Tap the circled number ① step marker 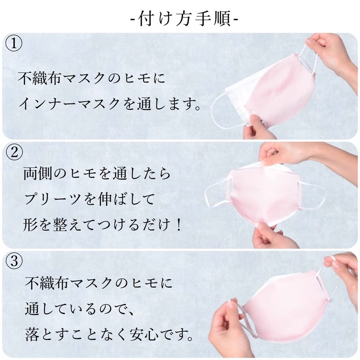pyautogui.click(x=14, y=43)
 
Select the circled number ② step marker pyautogui.click(x=14, y=152)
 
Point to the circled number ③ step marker pyautogui.click(x=14, y=261)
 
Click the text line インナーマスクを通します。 pyautogui.click(x=110, y=104)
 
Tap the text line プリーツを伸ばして pyautogui.click(x=89, y=199)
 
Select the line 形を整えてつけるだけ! pyautogui.click(x=103, y=224)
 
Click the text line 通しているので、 pyautogui.click(x=79, y=309)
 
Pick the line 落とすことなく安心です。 pyautogui.click(x=109, y=334)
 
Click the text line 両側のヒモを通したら pyautogui.click(x=97, y=173)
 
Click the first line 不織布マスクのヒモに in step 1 pyautogui.click(x=92, y=78)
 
